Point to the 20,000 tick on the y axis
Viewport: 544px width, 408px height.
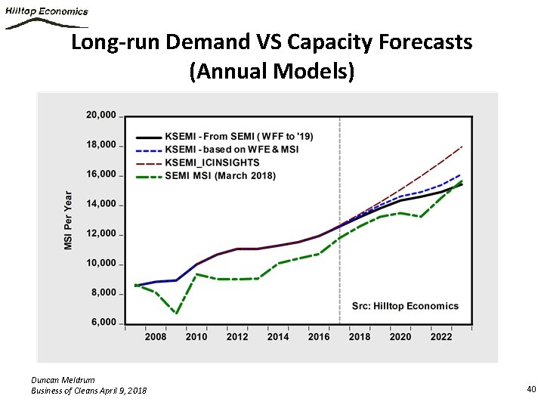tap(100, 116)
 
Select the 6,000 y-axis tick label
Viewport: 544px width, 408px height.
tap(104, 323)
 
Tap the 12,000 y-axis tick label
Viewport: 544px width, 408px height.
tap(100, 233)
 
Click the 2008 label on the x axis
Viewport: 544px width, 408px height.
tap(156, 337)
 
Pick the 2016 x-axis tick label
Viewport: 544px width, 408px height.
tap(319, 337)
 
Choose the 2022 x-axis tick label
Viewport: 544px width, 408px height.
tap(441, 337)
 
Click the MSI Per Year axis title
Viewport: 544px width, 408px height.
tap(69, 220)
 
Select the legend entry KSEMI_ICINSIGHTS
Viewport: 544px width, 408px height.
tap(212, 162)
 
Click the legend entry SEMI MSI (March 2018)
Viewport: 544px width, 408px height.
tap(220, 176)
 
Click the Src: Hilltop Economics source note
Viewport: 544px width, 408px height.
tap(405, 306)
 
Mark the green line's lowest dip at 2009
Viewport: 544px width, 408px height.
tap(176, 313)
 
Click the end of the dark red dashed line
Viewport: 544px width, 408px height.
tap(462, 146)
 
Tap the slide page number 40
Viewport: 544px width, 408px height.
tap(530, 388)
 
